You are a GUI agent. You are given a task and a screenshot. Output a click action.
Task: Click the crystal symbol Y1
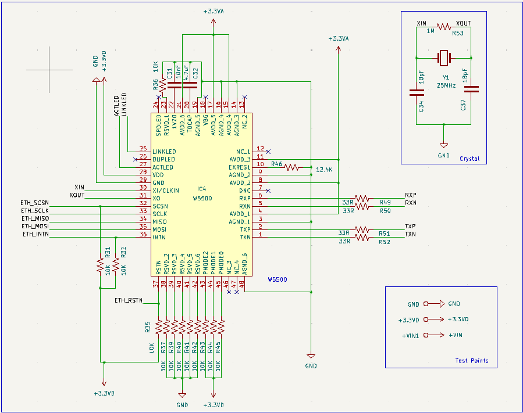[444, 58]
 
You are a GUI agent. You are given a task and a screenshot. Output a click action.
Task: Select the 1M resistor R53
[444, 27]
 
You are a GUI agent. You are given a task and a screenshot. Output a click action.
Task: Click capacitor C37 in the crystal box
[471, 89]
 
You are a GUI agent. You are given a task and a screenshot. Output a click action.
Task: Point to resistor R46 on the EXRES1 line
[293, 167]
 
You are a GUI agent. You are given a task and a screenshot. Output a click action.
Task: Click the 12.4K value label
[324, 170]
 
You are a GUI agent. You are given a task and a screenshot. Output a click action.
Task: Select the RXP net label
[411, 195]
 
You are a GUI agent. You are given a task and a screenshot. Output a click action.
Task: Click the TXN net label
[411, 234]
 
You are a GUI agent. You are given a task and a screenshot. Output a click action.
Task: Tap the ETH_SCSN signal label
[34, 202]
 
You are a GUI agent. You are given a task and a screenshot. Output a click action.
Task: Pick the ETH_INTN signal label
[35, 234]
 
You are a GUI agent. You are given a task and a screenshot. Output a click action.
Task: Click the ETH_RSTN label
[128, 300]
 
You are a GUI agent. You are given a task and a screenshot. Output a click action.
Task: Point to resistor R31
[100, 265]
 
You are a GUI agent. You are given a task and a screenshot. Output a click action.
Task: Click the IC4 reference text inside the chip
[201, 189]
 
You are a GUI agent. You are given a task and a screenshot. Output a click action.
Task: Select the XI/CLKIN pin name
[166, 191]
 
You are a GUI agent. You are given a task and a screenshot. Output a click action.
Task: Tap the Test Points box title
[471, 361]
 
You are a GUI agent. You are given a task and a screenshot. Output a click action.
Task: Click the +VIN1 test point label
[411, 335]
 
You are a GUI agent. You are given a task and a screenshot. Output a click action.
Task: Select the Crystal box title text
[469, 159]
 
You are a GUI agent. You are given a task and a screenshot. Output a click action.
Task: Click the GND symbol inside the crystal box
[444, 145]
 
